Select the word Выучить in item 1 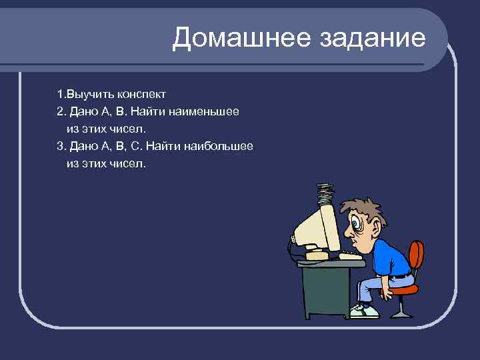(x=87, y=94)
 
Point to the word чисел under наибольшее (x=125, y=163)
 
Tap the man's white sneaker (x=364, y=311)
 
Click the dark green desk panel (x=327, y=287)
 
